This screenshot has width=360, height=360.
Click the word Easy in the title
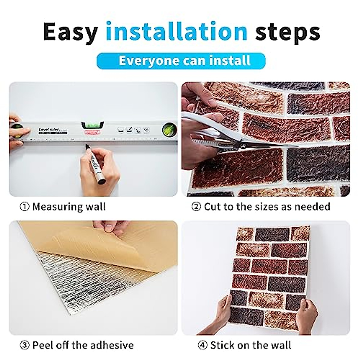click(71, 31)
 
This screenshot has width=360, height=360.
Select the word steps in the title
click(287, 31)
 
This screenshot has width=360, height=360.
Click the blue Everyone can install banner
click(181, 61)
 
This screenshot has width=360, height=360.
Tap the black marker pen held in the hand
click(95, 163)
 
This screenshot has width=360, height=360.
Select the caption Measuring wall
click(69, 207)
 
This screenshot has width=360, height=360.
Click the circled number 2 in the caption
click(196, 207)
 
